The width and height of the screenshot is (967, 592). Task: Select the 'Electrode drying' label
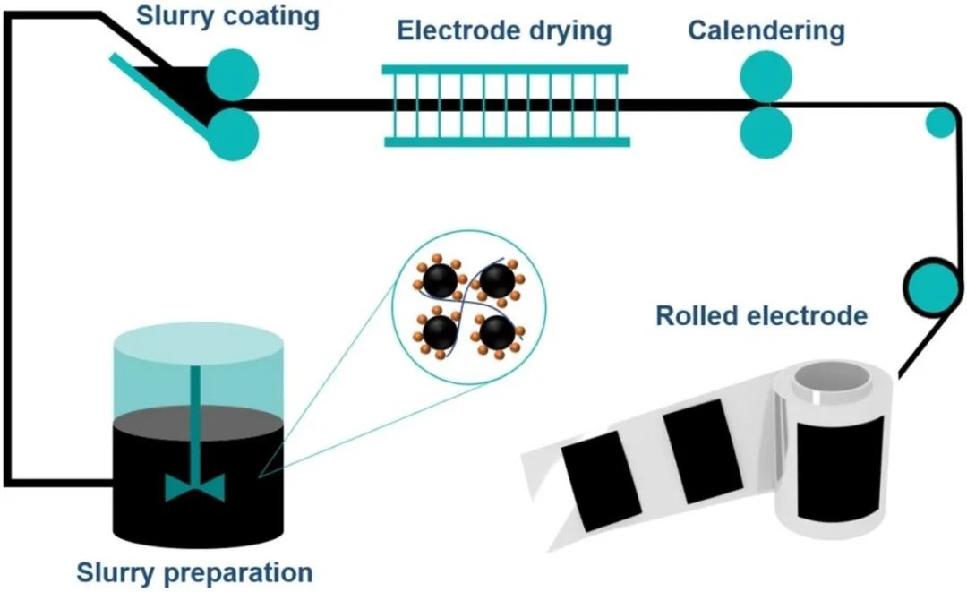(504, 30)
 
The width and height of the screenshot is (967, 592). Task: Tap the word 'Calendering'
(766, 30)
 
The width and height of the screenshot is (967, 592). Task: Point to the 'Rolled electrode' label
(761, 316)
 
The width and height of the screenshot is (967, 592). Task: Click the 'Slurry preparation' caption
(194, 571)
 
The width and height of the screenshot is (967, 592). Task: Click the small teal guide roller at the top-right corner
(940, 123)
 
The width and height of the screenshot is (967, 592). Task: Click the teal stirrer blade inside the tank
(195, 486)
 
